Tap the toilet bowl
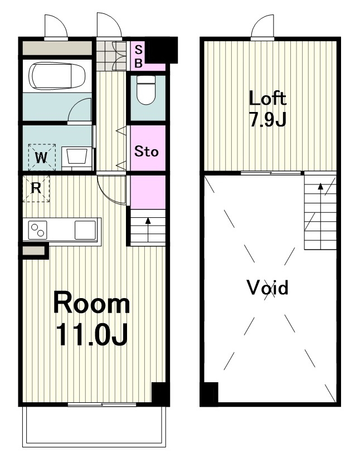pos(146,90)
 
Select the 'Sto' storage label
pos(147,152)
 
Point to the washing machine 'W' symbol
pos(41,158)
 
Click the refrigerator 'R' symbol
pos(36,189)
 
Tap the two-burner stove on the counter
pos(38,230)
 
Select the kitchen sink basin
pos(85,230)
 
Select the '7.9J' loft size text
pos(267,119)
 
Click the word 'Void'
pos(267,288)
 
